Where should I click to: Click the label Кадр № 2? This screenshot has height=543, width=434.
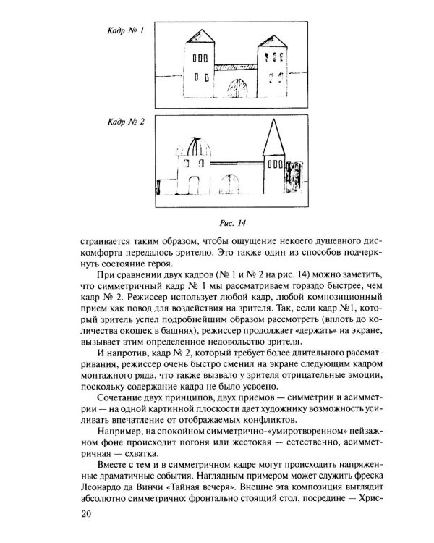tap(126, 122)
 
